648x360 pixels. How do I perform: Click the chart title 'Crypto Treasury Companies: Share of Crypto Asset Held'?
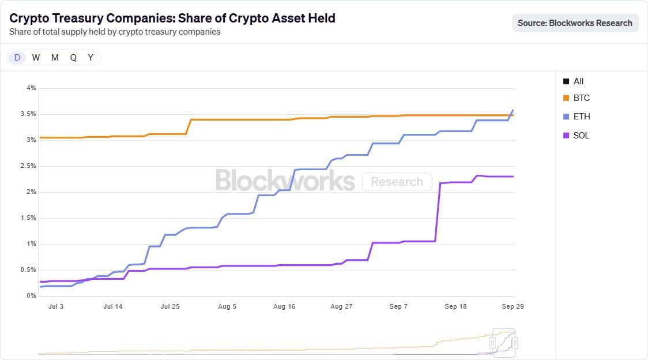[172, 18]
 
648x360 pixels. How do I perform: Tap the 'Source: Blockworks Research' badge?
[575, 23]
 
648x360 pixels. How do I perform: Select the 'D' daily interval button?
[17, 57]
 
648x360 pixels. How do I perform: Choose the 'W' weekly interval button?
[36, 57]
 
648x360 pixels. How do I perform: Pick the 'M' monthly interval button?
[55, 57]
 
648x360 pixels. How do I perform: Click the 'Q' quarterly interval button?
[73, 57]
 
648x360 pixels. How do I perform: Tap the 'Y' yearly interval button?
[91, 57]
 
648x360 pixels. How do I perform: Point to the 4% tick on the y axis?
[31, 88]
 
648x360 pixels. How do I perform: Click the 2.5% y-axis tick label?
[28, 166]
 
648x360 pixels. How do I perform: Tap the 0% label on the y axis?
[31, 296]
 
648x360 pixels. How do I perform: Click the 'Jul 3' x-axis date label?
[56, 306]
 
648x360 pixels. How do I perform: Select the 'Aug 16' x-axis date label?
[284, 306]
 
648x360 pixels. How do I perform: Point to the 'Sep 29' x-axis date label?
[513, 306]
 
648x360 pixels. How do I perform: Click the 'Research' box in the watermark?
[397, 182]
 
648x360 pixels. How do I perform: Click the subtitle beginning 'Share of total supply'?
[115, 32]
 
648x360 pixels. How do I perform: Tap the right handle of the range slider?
[514, 343]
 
